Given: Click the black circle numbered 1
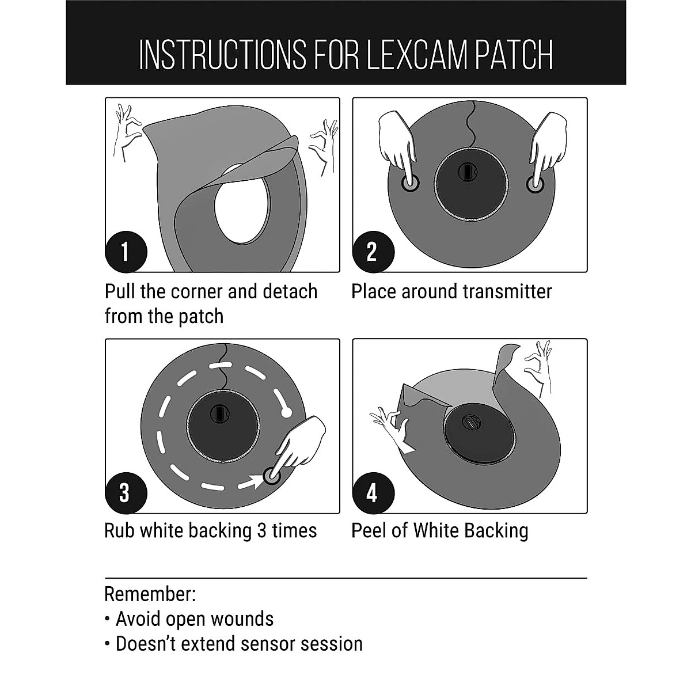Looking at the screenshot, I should coord(126,252).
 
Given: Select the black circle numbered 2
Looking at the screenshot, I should coord(373,252).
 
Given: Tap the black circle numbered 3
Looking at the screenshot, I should coord(126,493).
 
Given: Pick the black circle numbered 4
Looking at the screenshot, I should coord(373,493).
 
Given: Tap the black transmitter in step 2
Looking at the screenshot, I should coord(470,183).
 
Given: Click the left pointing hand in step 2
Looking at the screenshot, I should coord(398,144).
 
